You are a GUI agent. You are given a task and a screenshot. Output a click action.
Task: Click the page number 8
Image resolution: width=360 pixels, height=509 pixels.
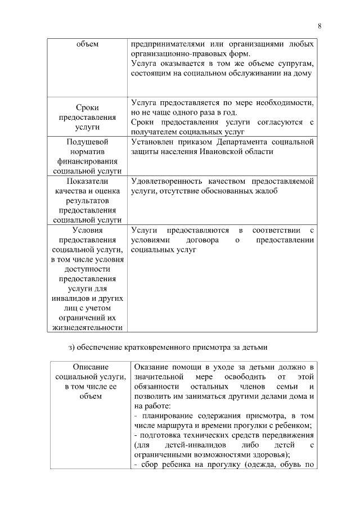coord(319,26)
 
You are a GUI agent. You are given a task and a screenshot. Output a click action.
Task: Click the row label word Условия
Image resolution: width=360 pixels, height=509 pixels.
coord(87,230)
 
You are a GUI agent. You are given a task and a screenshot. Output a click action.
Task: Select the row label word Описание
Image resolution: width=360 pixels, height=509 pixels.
coord(87,367)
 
